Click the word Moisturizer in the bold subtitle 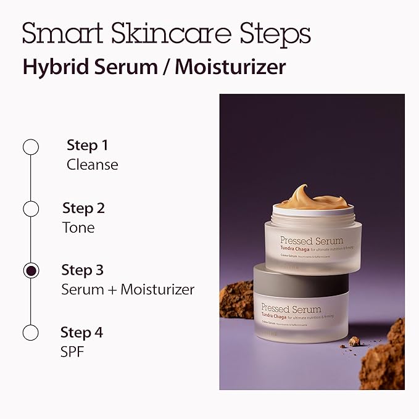(x=230, y=67)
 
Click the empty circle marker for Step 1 (x=30, y=147)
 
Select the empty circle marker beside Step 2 (x=30, y=209)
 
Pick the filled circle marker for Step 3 (x=30, y=270)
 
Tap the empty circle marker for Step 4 (x=30, y=333)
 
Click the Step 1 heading (x=87, y=146)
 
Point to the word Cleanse (x=92, y=165)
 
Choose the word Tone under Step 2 (x=78, y=227)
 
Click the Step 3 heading (x=82, y=270)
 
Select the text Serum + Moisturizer (x=128, y=289)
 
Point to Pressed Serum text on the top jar (x=311, y=240)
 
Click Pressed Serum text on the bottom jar (x=291, y=308)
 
